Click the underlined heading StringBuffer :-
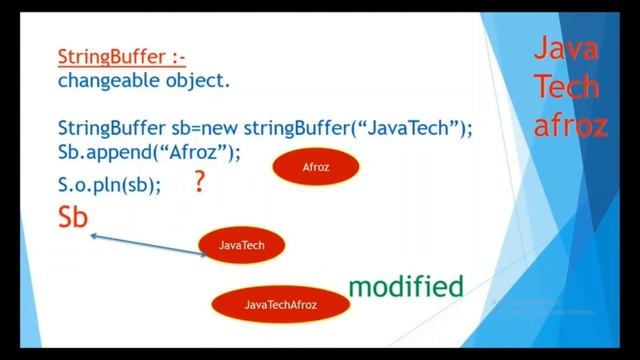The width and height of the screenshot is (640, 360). point(122,57)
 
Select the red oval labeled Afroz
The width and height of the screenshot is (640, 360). point(315,168)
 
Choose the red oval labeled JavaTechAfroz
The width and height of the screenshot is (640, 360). point(280,303)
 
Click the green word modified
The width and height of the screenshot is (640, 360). point(406,287)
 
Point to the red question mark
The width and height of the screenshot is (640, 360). point(199,182)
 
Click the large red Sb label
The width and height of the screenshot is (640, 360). point(73,219)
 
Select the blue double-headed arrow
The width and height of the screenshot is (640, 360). point(148,245)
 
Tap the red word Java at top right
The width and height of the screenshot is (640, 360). point(566,49)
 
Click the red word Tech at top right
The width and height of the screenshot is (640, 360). point(566,87)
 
